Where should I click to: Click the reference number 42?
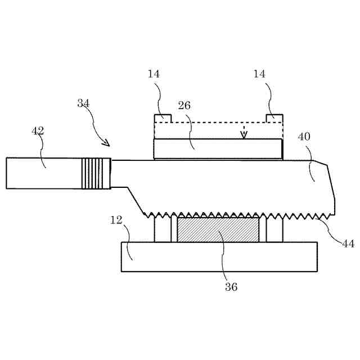pos(37,131)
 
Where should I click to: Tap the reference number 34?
pos(83,103)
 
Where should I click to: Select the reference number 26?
pos(184,105)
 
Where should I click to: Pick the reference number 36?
pos(231,287)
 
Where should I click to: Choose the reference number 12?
pos(116,220)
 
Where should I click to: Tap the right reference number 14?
pos(260,74)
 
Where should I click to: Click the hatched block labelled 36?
pos(218,229)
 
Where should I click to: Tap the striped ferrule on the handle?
pos(96,173)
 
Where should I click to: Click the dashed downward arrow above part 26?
pos(244,133)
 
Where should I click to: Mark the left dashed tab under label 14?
pos(163,117)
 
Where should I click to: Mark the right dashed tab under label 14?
pos(274,117)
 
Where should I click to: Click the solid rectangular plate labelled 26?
pos(218,149)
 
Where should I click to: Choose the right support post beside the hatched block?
pos(271,229)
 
